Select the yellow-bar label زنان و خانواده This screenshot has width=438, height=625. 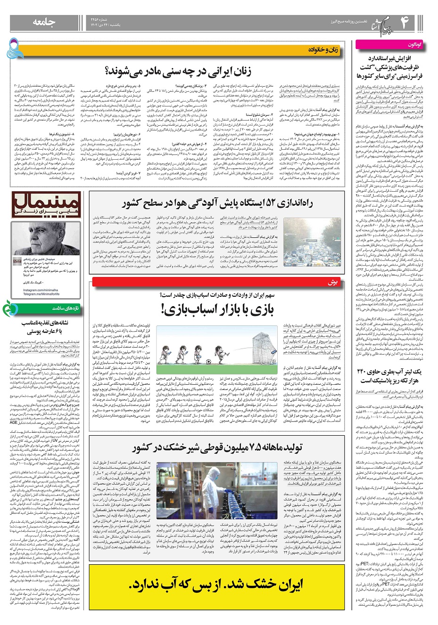(x=325, y=49)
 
